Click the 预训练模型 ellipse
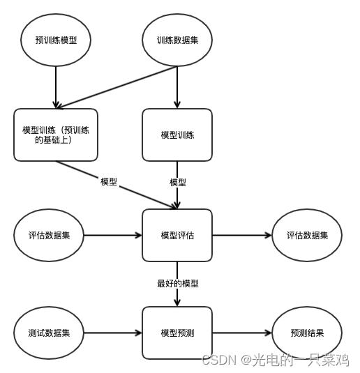coord(55,40)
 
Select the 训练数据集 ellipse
coord(177,40)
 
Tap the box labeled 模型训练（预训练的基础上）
coord(55,134)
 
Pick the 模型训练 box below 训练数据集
coord(177,134)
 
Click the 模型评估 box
coord(177,235)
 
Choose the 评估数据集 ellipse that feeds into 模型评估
coord(49,235)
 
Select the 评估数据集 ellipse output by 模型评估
coord(307,235)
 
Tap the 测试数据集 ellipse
coord(49,333)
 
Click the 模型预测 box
coord(177,333)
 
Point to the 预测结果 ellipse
coord(307,333)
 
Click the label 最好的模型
coord(177,284)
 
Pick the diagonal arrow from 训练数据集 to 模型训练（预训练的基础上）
coord(115,87)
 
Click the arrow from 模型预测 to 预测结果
coord(241,333)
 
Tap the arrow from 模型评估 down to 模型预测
coord(177,296)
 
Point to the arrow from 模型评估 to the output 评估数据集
coord(241,235)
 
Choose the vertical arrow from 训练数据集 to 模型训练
coord(177,87)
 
